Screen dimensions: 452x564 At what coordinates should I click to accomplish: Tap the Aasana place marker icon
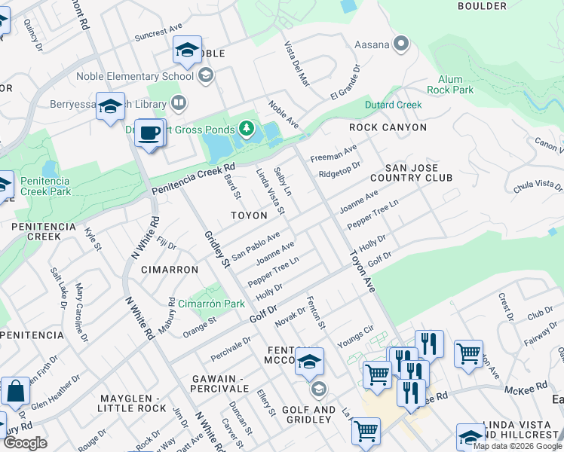click(401, 44)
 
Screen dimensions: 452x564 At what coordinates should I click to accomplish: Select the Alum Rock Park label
click(455, 84)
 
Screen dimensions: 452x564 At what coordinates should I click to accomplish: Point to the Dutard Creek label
click(393, 105)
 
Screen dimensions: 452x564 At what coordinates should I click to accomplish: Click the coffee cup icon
click(150, 133)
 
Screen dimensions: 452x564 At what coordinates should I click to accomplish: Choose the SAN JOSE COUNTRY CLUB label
click(418, 173)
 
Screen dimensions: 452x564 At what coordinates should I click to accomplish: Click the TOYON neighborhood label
click(249, 215)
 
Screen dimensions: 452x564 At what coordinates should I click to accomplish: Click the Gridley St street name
click(216, 249)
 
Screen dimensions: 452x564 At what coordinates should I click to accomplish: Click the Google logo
click(25, 443)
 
